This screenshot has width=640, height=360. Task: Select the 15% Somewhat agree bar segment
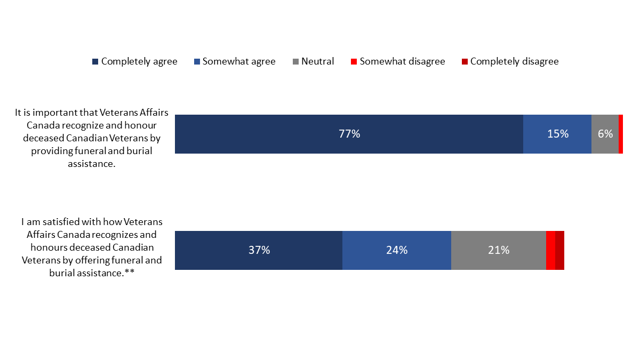click(557, 134)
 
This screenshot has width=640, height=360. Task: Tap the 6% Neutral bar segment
click(605, 134)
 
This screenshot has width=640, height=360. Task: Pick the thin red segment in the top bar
click(621, 134)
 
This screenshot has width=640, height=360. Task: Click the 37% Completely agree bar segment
click(258, 250)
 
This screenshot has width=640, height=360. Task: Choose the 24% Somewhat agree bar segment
click(396, 250)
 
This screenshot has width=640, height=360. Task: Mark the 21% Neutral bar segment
click(498, 250)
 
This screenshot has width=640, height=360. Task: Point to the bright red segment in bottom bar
click(550, 250)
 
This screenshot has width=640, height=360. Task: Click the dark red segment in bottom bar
click(559, 250)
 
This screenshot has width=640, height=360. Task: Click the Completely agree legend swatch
click(95, 62)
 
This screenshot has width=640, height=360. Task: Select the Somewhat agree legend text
click(239, 61)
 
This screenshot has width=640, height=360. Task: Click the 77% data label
click(349, 134)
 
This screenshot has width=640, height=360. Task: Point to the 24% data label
click(396, 250)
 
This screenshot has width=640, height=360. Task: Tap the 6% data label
click(605, 134)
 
